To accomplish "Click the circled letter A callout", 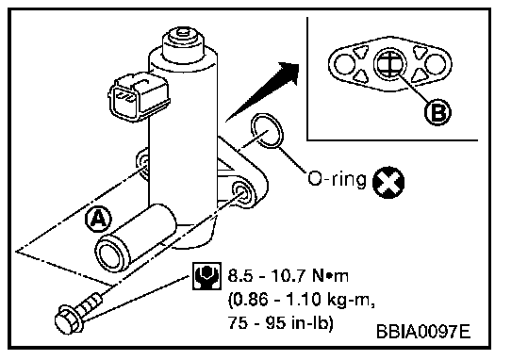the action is click(98, 220).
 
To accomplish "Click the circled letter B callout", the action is click(437, 112).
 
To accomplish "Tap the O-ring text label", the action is click(337, 179).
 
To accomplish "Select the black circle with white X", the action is click(388, 182).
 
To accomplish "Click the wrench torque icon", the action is click(206, 276).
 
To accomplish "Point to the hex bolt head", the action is click(68, 319).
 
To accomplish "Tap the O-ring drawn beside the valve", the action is click(268, 131).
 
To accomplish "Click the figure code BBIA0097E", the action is click(423, 332).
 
